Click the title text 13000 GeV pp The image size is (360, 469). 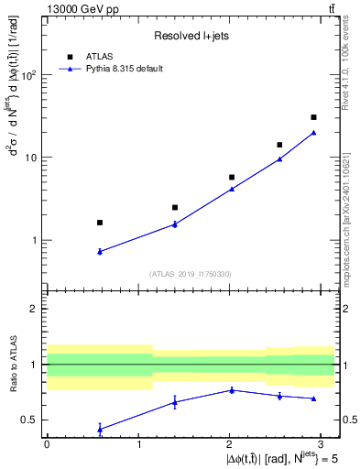point(80,8)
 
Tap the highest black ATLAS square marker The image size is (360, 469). point(313,117)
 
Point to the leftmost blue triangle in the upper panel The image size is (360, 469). point(100,251)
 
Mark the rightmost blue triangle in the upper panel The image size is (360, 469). point(313,133)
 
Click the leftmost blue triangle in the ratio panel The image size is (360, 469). point(100,429)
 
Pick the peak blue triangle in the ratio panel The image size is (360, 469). point(232,390)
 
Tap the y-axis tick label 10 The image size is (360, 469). point(32,158)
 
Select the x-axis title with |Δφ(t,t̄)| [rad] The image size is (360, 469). point(266,457)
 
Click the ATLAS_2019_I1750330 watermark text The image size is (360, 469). point(190,274)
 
